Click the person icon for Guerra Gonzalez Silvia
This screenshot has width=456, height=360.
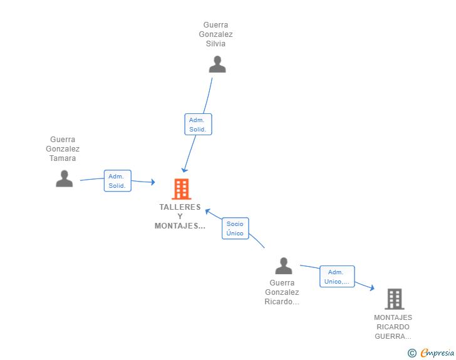[217, 64]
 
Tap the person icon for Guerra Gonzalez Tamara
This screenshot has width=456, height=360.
[65, 178]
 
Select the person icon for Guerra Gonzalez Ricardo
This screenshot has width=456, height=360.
[284, 266]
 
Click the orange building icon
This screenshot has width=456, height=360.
[182, 189]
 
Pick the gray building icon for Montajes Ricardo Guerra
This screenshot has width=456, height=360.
[395, 299]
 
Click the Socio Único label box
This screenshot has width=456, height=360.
[236, 229]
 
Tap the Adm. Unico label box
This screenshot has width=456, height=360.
[337, 277]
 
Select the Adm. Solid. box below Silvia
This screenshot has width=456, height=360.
[198, 124]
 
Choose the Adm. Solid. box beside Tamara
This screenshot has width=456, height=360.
[118, 181]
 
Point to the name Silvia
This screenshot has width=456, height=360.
[215, 44]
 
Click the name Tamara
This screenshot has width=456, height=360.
[63, 158]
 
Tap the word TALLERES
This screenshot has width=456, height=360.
[180, 207]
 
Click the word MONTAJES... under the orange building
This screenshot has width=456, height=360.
[180, 226]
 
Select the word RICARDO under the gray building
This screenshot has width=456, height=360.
[393, 327]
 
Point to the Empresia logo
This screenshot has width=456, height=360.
[437, 352]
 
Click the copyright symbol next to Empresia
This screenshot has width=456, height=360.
[412, 353]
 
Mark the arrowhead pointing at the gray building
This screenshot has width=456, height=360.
[371, 288]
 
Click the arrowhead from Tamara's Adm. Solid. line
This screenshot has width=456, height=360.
[153, 182]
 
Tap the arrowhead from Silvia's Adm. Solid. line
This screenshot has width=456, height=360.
[184, 170]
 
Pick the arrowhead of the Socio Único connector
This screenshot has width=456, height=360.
[208, 212]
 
